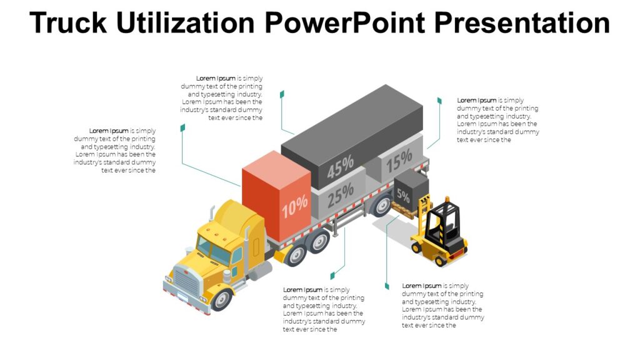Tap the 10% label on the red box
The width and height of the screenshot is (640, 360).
294,206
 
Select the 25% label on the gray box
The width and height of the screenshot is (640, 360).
341,194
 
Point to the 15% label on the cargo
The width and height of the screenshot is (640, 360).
399,162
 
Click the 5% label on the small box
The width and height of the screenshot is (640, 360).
403,196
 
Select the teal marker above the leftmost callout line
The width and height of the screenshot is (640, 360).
182,127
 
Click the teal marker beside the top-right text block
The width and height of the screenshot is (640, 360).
439,101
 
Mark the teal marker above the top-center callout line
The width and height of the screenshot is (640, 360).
282,94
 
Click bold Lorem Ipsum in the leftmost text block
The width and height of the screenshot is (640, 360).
109,131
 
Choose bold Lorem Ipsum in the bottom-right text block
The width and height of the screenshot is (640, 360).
421,286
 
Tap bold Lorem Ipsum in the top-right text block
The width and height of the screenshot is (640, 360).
476,100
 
